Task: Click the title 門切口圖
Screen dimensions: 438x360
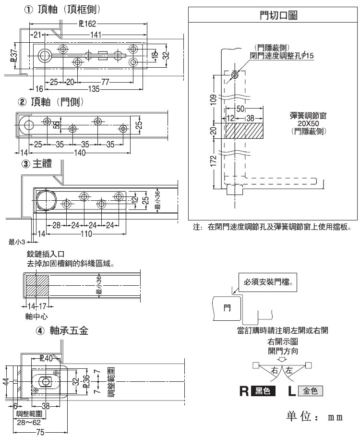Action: tap(275, 15)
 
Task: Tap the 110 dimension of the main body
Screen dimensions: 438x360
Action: tap(86, 234)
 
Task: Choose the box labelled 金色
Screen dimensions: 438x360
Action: tap(310, 391)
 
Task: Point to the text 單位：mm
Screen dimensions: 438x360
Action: tap(314, 416)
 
